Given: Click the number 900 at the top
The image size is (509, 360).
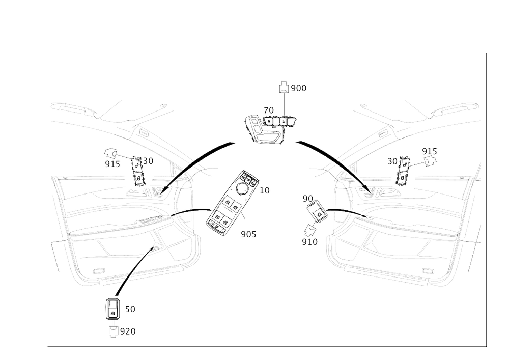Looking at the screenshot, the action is [x=299, y=89].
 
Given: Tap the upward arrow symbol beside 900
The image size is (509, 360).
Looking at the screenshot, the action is [x=284, y=88].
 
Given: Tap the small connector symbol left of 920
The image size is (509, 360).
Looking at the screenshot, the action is [x=113, y=331].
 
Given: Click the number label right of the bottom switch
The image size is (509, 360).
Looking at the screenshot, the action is [x=130, y=309].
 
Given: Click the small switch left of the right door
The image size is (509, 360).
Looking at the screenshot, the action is [x=316, y=210].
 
